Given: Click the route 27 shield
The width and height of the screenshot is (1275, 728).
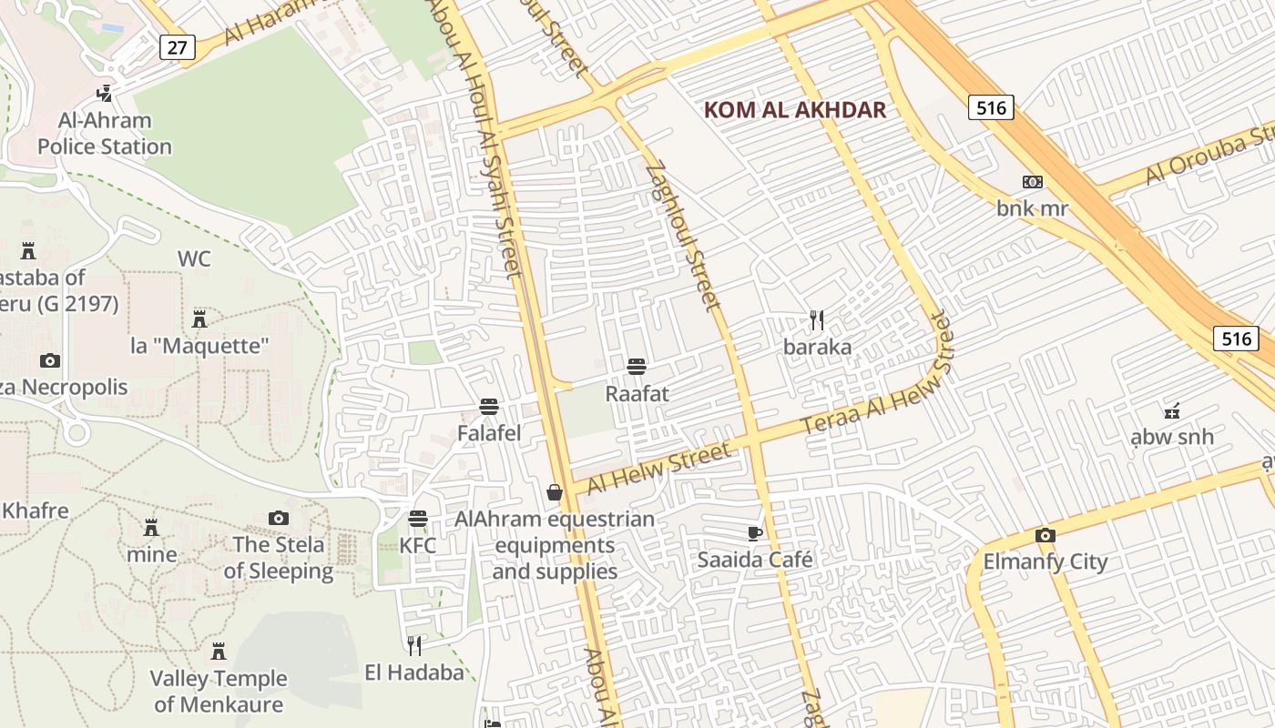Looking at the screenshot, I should click(x=178, y=47).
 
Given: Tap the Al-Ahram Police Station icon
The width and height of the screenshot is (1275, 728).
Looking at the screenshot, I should click(x=105, y=93).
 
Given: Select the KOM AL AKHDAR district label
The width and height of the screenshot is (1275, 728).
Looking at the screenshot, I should click(x=795, y=110).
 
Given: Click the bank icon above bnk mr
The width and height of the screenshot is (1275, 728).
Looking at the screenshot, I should click(x=1032, y=182).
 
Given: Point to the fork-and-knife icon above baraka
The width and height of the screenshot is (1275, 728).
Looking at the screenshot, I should click(x=817, y=320).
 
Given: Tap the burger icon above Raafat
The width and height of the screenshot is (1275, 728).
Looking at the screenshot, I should click(x=637, y=367).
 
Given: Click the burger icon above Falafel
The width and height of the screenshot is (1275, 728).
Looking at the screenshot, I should click(x=489, y=406).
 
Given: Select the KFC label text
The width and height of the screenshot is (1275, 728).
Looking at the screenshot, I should click(x=418, y=546).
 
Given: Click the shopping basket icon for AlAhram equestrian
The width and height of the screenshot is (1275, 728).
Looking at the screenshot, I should click(x=554, y=492).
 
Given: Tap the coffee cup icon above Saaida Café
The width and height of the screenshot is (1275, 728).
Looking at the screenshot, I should click(x=754, y=533).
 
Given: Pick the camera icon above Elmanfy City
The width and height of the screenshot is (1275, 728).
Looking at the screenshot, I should click(x=1045, y=535).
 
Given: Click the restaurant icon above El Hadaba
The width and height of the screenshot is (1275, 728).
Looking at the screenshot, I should click(x=414, y=646).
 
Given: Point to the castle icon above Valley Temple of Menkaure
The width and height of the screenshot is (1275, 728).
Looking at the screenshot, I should click(x=219, y=652).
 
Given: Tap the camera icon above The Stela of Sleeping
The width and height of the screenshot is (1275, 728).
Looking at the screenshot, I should click(x=279, y=518).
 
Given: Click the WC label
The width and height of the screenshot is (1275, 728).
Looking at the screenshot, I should click(x=194, y=259).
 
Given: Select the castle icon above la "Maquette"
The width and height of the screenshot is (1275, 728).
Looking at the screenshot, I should click(x=199, y=318).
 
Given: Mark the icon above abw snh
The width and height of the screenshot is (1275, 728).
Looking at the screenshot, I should click(x=1172, y=410).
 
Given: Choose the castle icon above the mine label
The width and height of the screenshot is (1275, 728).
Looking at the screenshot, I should click(x=151, y=527).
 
